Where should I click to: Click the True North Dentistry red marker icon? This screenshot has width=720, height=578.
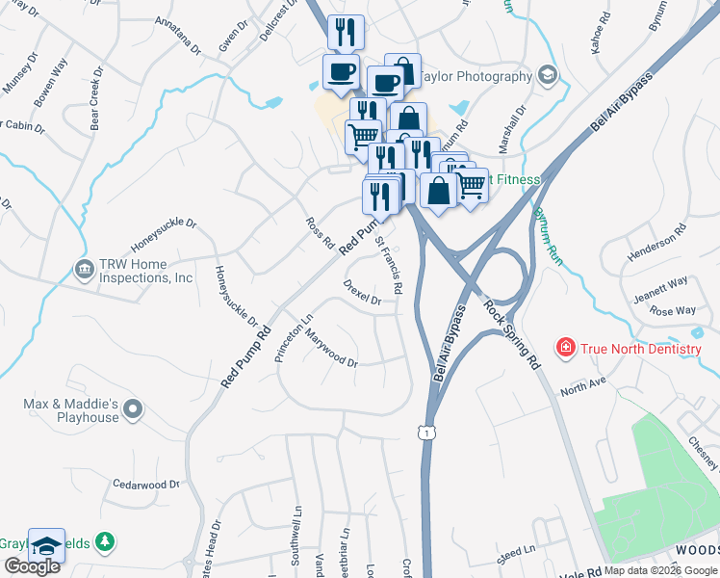565,345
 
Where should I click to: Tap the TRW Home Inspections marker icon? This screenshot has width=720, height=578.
83,267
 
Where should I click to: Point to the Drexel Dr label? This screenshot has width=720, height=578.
363,293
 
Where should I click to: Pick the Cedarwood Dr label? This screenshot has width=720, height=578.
147,485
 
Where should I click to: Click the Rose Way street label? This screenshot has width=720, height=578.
673,310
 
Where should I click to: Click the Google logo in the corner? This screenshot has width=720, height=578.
32,565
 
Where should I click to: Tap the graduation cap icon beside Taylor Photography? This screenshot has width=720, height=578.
549,76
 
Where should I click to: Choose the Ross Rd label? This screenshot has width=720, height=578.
320,231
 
